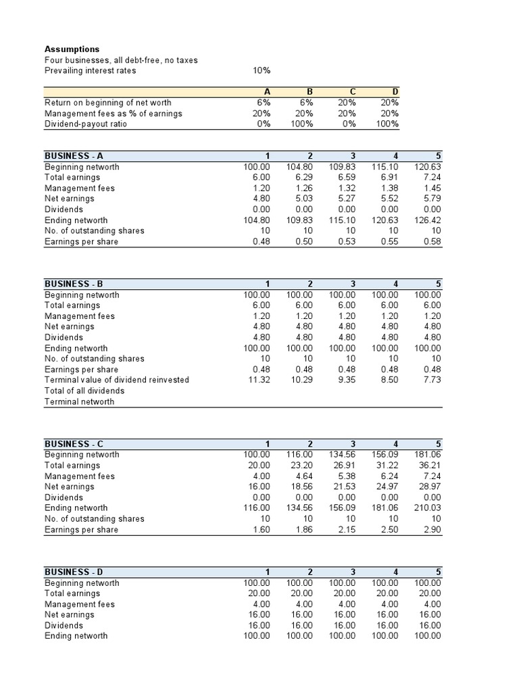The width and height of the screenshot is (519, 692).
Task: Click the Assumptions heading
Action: coord(72,49)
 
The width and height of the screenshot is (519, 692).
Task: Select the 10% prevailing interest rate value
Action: coord(262,70)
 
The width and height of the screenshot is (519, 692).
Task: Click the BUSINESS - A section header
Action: coord(73,156)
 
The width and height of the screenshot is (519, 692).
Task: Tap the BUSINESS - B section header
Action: coord(73,284)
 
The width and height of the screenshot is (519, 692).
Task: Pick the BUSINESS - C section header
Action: coord(74,444)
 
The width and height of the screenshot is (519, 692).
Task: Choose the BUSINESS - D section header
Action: coord(74,572)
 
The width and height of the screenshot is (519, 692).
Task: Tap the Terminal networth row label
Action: coord(79,401)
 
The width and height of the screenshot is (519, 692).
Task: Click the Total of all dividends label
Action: coord(84,391)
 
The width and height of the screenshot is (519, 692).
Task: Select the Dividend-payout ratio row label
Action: coord(85,124)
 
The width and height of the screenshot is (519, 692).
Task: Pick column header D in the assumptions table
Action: coord(395,92)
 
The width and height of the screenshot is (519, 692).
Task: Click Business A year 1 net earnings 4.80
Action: coord(261,199)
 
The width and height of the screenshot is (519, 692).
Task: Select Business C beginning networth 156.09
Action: coord(385,455)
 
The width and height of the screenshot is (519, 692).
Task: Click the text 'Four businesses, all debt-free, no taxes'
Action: coord(121,60)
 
